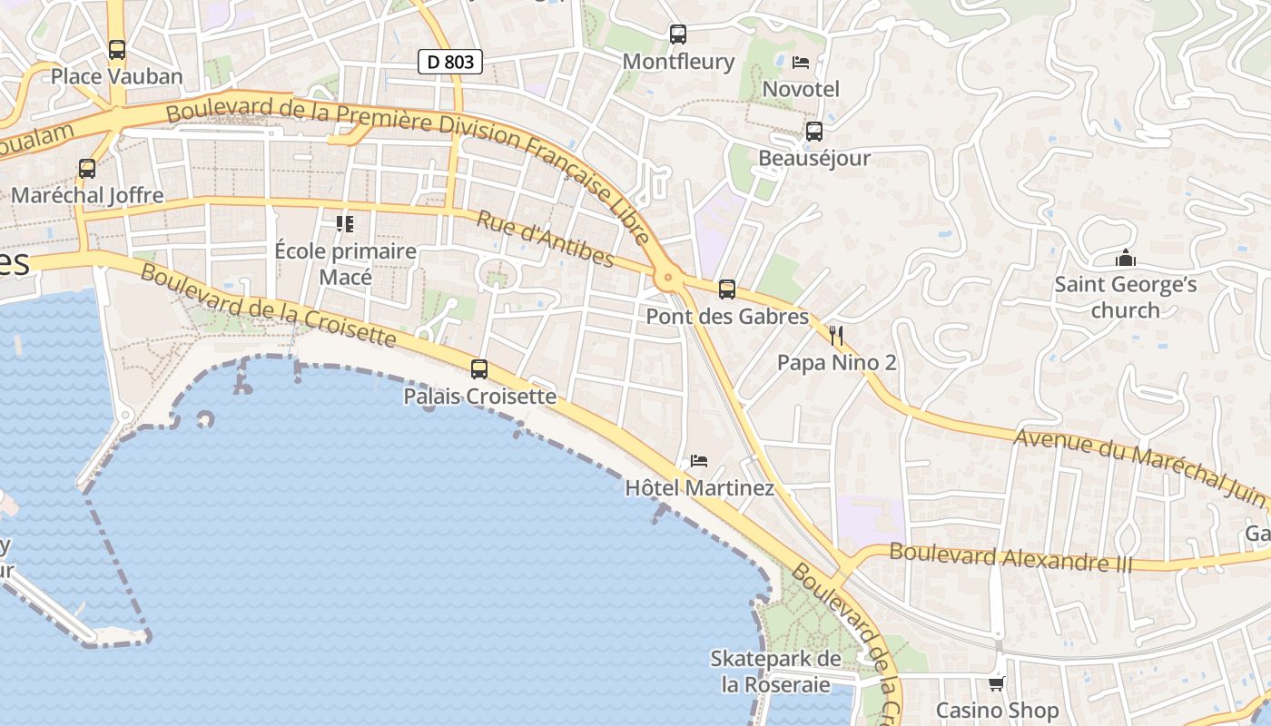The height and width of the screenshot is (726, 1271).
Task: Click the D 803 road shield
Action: point(449,62)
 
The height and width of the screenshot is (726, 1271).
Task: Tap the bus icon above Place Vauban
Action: point(117,50)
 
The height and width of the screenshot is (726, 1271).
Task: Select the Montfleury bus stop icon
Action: point(678,34)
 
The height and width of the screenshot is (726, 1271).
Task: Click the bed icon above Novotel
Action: point(801,62)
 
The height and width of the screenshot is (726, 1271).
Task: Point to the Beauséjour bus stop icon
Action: point(814,132)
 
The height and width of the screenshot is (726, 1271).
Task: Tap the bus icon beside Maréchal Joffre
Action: point(87,169)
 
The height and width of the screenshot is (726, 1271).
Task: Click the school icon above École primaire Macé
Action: point(345,223)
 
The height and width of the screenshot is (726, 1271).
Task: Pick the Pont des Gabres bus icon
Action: point(727,289)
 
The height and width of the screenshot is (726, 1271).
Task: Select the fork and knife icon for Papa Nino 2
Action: point(836,337)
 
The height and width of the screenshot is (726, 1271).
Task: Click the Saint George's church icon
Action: point(1126,259)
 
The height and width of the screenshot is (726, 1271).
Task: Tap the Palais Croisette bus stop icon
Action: point(479,369)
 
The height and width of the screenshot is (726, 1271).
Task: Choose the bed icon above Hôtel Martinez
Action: point(699,461)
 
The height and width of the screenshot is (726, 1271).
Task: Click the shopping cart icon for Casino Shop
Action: point(997,683)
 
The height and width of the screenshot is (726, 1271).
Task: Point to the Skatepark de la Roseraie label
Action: point(775,672)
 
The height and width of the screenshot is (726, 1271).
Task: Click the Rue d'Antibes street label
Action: point(545,240)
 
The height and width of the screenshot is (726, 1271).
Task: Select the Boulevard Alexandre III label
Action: point(1011,557)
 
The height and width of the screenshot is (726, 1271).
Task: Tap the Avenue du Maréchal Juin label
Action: point(1139,466)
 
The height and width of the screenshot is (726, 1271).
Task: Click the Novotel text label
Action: point(801,89)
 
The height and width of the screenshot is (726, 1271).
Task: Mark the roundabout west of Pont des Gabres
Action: point(668,278)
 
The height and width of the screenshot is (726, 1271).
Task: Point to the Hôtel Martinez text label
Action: point(699,488)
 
